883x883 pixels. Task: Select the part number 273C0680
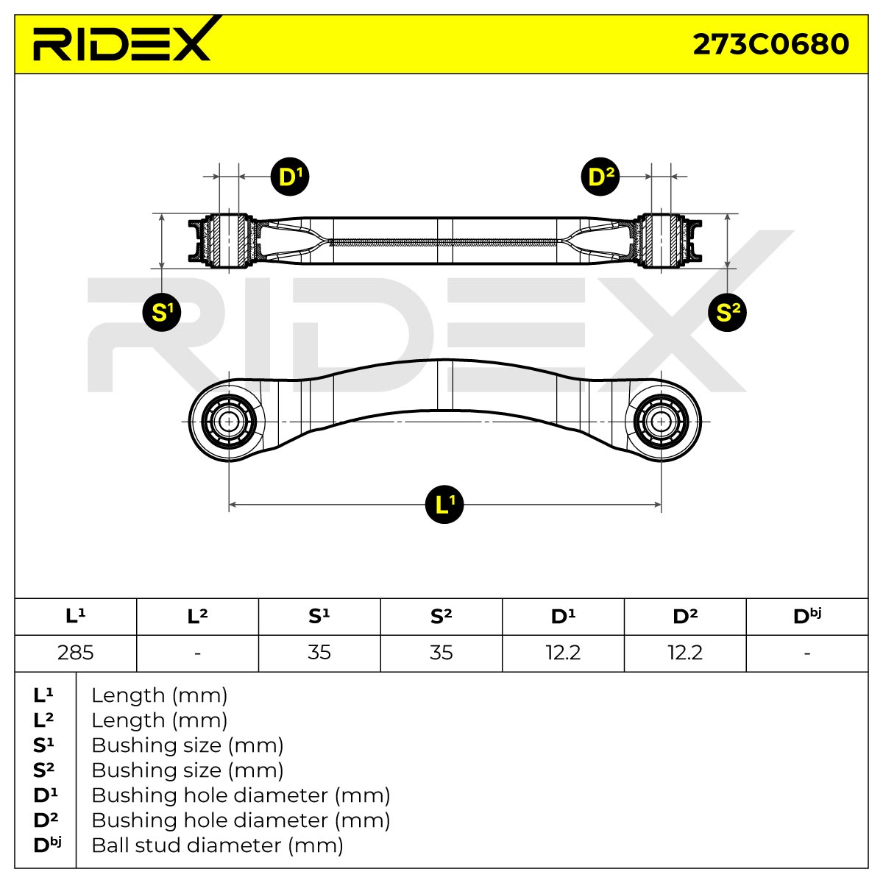click(770, 44)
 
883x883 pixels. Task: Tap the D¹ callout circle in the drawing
click(290, 177)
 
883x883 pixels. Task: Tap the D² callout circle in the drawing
click(600, 177)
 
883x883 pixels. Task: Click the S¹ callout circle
click(162, 312)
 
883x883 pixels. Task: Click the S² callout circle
click(727, 312)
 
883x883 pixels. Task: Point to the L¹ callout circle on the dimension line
click(444, 505)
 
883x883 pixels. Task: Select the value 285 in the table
click(76, 653)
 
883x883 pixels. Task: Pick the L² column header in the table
click(197, 617)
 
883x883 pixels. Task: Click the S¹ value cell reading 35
click(319, 653)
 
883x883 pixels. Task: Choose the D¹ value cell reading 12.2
click(563, 653)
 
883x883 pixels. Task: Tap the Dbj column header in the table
click(807, 616)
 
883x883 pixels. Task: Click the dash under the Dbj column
click(807, 653)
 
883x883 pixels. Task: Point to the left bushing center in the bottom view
click(229, 422)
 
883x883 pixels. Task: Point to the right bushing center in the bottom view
click(661, 422)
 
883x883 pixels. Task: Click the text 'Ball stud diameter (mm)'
click(217, 845)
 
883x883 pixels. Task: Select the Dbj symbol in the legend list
click(47, 845)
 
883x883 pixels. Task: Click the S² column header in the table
click(441, 617)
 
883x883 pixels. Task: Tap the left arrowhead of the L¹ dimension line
click(232, 505)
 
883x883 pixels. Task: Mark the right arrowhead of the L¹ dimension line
click(658, 505)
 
